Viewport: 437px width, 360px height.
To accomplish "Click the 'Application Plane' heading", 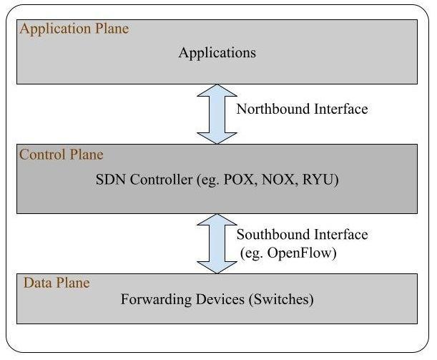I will click(x=74, y=29).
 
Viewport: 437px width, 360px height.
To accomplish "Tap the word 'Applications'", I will click(x=217, y=52).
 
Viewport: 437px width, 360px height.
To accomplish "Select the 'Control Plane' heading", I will click(x=62, y=155).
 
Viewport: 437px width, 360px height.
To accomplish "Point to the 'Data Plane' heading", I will click(x=57, y=283).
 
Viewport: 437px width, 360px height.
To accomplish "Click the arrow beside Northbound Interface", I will click(x=217, y=115).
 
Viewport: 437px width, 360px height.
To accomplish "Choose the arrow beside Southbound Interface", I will click(x=217, y=243).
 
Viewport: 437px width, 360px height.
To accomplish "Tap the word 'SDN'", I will click(x=109, y=179).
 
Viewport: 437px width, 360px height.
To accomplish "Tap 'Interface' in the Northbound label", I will click(x=341, y=110).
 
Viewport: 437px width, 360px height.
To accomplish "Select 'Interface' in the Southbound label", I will click(x=342, y=235).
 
